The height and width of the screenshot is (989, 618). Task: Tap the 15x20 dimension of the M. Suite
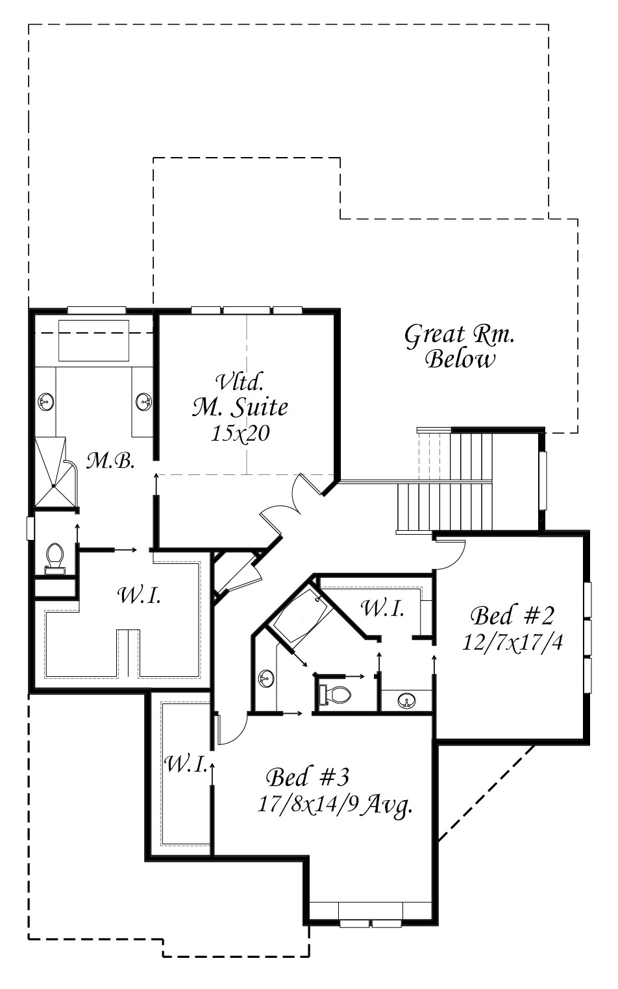click(240, 433)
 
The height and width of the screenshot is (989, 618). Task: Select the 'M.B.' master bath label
click(110, 461)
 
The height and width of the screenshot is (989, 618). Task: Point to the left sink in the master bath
click(46, 401)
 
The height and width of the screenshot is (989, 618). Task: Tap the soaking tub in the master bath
click(93, 340)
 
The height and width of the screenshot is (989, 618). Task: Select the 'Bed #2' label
click(512, 616)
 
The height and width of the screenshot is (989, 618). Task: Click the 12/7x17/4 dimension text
click(512, 642)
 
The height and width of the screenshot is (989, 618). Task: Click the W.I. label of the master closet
click(139, 596)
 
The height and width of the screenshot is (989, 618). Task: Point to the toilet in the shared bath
click(335, 694)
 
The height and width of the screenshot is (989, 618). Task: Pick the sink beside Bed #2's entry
click(407, 700)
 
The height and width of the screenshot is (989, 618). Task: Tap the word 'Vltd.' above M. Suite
click(240, 382)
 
